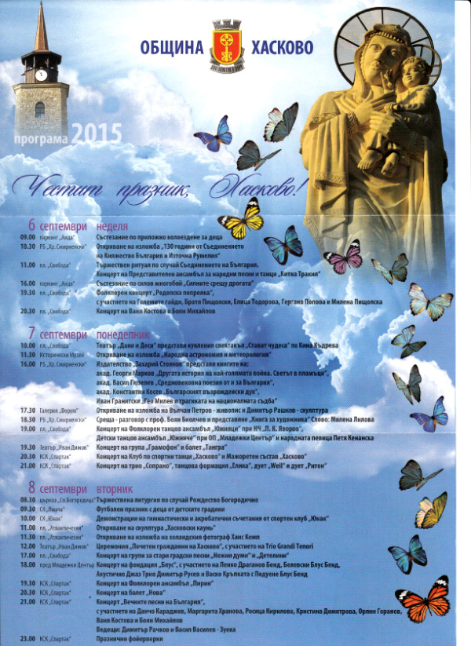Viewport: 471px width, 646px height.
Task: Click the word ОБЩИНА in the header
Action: pos(170,48)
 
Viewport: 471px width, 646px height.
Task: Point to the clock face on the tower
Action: pos(41,75)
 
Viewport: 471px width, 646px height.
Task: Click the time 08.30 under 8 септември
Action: pos(28,499)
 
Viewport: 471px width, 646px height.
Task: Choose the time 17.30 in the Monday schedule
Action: pos(28,410)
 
